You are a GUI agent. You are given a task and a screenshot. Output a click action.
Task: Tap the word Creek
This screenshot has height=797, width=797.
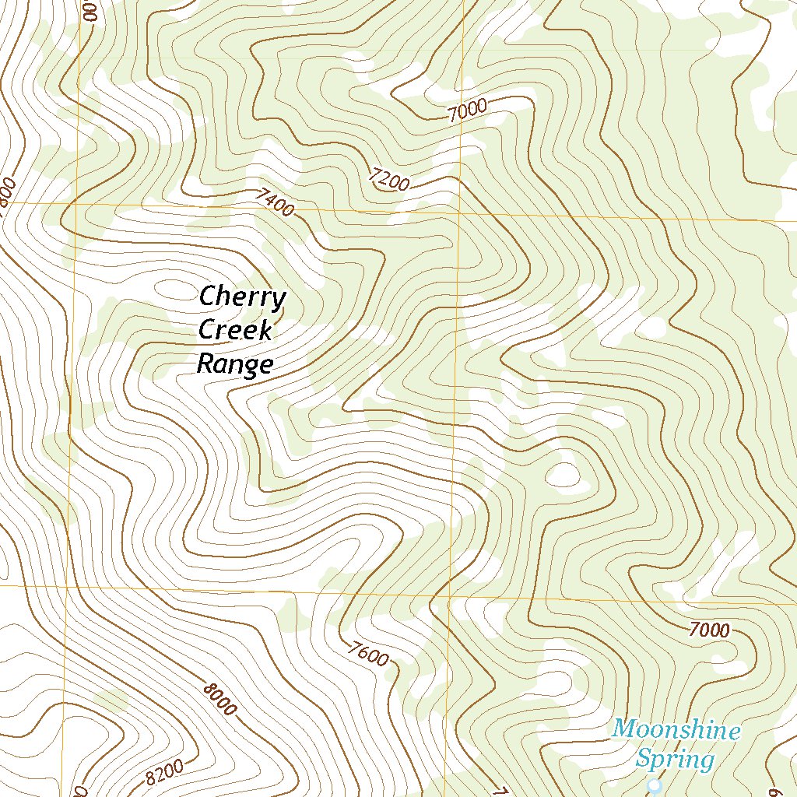pyautogui.click(x=235, y=330)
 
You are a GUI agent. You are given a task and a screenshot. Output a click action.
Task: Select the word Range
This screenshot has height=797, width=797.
pyautogui.click(x=235, y=363)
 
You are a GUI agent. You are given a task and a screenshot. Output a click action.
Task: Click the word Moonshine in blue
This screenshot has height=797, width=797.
pyautogui.click(x=676, y=730)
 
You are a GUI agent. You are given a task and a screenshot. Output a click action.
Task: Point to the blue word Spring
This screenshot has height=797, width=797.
pyautogui.click(x=675, y=758)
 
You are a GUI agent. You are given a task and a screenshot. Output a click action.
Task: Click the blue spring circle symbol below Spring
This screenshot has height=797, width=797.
pyautogui.click(x=654, y=786)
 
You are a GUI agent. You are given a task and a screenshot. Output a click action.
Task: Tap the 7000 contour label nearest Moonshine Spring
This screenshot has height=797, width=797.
pyautogui.click(x=709, y=630)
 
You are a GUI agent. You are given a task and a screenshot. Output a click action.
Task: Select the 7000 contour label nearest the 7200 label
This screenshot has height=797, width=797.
pyautogui.click(x=468, y=111)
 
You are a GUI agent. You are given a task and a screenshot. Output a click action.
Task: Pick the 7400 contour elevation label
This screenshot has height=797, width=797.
pyautogui.click(x=275, y=203)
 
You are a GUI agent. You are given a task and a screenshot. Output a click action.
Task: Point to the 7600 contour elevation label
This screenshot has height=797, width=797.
pyautogui.click(x=368, y=653)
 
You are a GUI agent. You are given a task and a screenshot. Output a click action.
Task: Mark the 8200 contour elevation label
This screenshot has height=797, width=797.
pyautogui.click(x=164, y=771)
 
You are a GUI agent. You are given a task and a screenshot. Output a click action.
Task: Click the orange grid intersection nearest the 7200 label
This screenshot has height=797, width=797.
pyautogui.click(x=458, y=212)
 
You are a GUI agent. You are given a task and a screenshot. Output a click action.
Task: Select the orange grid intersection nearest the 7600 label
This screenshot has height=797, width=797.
pyautogui.click(x=451, y=596)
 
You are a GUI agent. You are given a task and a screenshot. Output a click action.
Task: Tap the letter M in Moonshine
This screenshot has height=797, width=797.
pyautogui.click(x=623, y=730)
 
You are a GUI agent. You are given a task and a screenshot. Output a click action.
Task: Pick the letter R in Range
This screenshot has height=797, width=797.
pyautogui.click(x=206, y=363)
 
